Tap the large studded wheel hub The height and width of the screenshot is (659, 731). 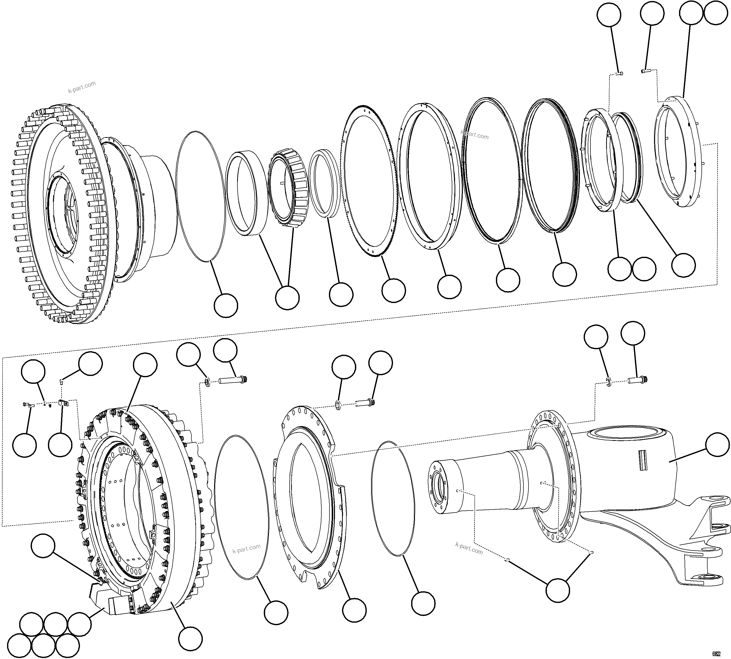point(65,214)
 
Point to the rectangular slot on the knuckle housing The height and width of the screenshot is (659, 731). point(642,460)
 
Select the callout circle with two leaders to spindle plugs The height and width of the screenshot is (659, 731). point(557,590)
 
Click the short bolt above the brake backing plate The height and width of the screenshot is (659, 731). point(364,402)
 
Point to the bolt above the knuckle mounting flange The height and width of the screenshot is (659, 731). point(638,380)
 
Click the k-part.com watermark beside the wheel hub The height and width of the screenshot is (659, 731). point(82,87)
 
